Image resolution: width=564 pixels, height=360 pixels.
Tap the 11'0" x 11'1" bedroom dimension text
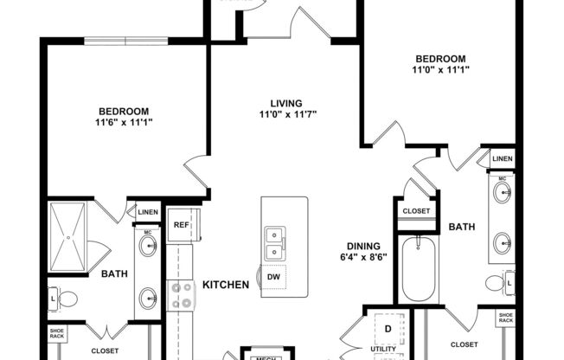pyautogui.click(x=440, y=70)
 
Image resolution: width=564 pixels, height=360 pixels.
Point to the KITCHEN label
pyautogui.click(x=227, y=285)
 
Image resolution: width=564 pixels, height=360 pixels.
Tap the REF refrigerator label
pyautogui.click(x=181, y=225)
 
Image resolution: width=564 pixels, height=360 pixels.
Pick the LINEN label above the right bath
pyautogui.click(x=502, y=159)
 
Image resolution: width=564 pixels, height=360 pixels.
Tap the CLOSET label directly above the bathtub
pyautogui.click(x=413, y=209)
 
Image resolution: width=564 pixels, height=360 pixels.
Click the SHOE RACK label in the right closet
pyautogui.click(x=506, y=318)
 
